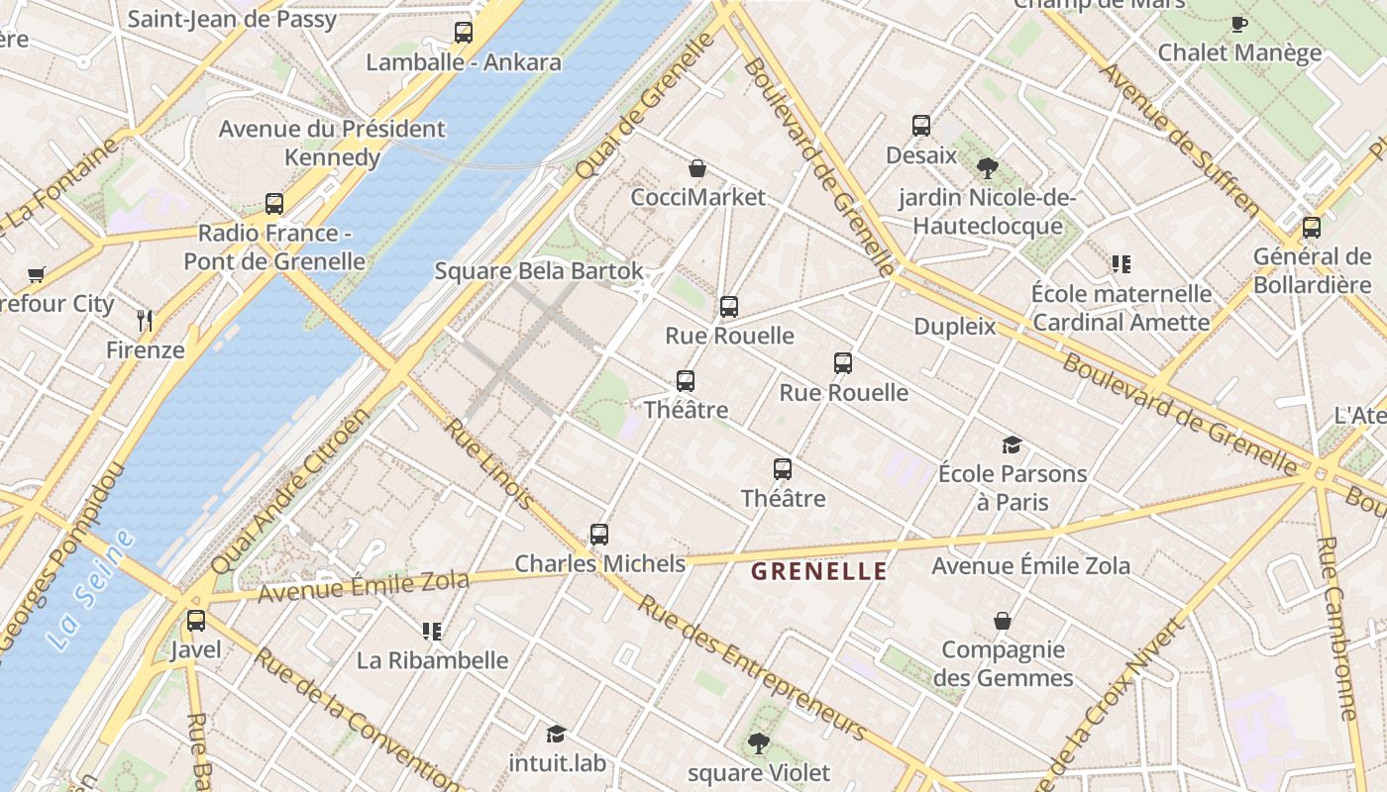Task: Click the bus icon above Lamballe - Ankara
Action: click(x=463, y=32)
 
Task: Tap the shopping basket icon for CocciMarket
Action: click(x=697, y=168)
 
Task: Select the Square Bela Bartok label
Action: click(x=539, y=271)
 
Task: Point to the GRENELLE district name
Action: click(x=818, y=571)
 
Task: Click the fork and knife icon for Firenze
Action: click(x=145, y=320)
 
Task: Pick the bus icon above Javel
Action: click(x=196, y=621)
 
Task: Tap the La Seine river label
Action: click(x=90, y=591)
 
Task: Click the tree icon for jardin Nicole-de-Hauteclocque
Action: click(x=987, y=168)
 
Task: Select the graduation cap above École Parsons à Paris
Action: click(x=1012, y=445)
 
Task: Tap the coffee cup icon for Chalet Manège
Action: click(x=1238, y=24)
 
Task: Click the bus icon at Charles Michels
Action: click(x=599, y=535)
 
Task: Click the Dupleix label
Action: click(x=954, y=326)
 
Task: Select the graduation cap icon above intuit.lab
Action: click(x=556, y=734)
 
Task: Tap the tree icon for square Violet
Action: click(x=759, y=742)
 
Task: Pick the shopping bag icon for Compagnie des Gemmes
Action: click(x=1003, y=621)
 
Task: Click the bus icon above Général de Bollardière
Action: click(x=1312, y=228)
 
